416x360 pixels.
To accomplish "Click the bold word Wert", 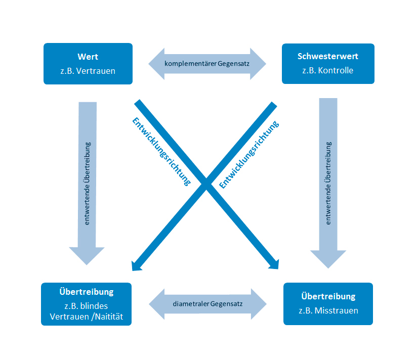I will (88, 57).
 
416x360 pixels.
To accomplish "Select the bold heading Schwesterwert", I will (327, 57).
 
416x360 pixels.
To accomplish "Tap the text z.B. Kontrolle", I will (327, 70).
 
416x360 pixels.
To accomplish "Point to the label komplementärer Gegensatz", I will (207, 64).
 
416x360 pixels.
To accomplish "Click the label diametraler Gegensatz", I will (207, 304).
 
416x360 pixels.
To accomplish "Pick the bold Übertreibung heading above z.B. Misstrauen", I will (328, 296).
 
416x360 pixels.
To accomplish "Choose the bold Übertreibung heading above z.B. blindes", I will (86, 292).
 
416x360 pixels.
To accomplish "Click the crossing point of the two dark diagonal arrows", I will (206, 185).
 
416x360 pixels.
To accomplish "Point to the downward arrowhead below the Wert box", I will (87, 255).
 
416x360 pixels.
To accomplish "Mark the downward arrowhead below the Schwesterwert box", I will (328, 258).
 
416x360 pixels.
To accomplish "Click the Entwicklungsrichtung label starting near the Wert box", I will (161, 152).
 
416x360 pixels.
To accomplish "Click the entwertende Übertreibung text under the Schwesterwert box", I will (328, 184).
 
